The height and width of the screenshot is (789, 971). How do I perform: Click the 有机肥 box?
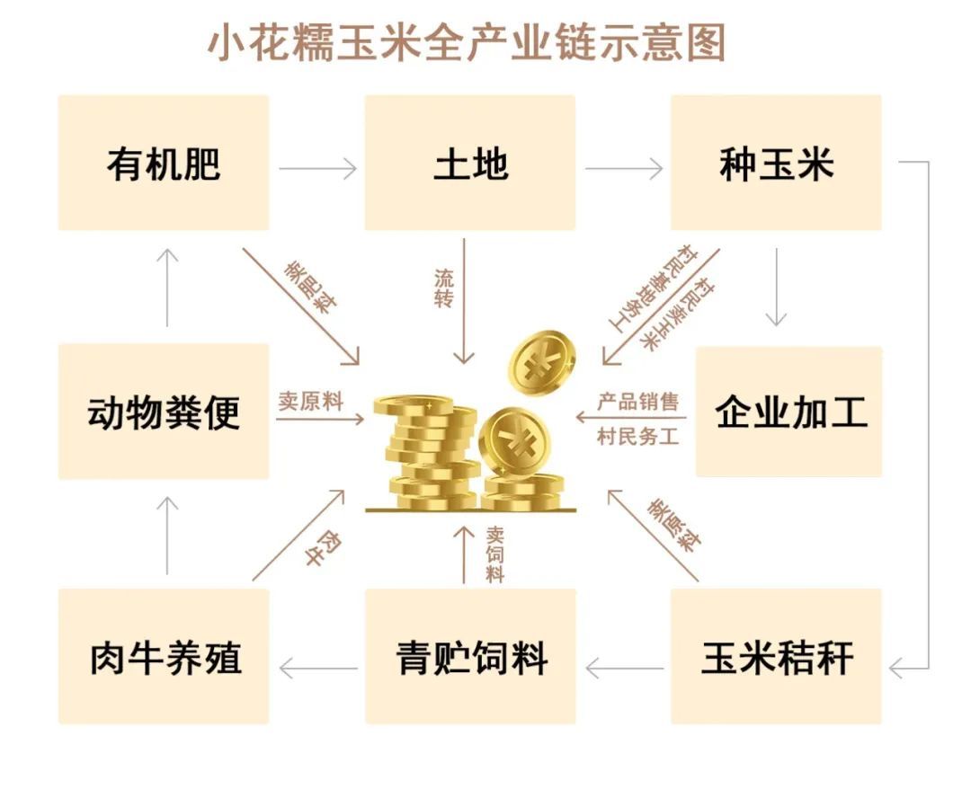(x=164, y=163)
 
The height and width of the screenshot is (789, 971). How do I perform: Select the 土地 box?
(x=470, y=163)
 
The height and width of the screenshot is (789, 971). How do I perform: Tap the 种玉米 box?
(x=776, y=163)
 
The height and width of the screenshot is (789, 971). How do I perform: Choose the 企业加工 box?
(x=789, y=412)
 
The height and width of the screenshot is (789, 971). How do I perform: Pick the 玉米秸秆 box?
(x=776, y=656)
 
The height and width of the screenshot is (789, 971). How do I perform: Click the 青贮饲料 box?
(x=470, y=656)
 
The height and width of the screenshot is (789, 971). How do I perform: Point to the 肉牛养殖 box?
(x=164, y=656)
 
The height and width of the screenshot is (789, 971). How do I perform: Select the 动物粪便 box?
(x=164, y=412)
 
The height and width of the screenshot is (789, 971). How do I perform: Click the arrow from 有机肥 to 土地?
(x=317, y=168)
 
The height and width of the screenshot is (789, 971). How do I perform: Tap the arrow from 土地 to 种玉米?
(x=624, y=168)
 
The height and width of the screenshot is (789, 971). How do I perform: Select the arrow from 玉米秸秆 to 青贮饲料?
(x=624, y=669)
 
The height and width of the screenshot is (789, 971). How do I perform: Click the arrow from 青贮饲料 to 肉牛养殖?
(x=318, y=669)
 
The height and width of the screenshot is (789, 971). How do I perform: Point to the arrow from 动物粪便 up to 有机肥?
(x=167, y=288)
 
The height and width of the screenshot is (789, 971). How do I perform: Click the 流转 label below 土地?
(x=444, y=288)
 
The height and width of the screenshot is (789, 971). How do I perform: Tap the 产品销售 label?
(x=637, y=402)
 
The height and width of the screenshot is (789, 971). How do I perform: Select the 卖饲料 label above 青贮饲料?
(x=494, y=554)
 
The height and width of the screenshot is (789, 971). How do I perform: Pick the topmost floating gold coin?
(x=541, y=364)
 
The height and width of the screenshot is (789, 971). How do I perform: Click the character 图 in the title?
(x=706, y=43)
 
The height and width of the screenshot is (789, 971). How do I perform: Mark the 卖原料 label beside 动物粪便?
(x=310, y=402)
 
